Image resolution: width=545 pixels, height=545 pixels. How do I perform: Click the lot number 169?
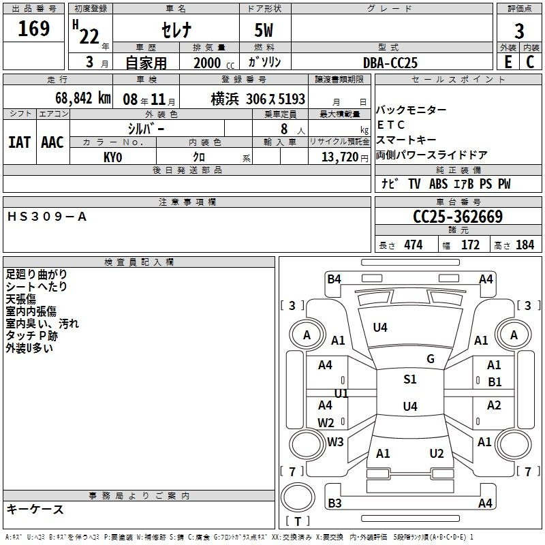click(34, 29)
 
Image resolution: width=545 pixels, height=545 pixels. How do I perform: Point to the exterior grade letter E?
click(508, 62)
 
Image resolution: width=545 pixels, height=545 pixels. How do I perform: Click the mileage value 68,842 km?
click(76, 98)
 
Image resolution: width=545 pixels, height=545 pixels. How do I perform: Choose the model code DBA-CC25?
click(390, 63)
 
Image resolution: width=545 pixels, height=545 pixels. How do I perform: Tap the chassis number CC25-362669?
click(458, 217)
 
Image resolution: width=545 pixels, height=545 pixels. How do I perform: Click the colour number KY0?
click(113, 157)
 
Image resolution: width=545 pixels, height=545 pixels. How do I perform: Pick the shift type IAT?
click(20, 142)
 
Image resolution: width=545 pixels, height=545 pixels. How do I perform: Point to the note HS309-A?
click(47, 217)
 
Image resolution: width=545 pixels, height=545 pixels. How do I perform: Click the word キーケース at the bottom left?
click(35, 510)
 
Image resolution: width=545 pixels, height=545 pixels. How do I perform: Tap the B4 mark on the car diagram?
click(334, 279)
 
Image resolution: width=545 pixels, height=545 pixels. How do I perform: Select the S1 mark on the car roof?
click(409, 379)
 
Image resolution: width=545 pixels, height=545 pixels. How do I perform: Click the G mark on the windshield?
click(431, 359)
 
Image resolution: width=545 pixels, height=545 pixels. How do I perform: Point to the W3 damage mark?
click(335, 442)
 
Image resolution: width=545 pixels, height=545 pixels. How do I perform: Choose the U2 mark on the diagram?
click(437, 454)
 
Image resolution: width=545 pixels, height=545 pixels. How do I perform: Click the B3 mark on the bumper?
click(334, 503)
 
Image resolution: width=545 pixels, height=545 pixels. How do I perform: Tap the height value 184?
click(525, 245)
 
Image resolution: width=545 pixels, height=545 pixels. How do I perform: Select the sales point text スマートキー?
click(407, 140)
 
